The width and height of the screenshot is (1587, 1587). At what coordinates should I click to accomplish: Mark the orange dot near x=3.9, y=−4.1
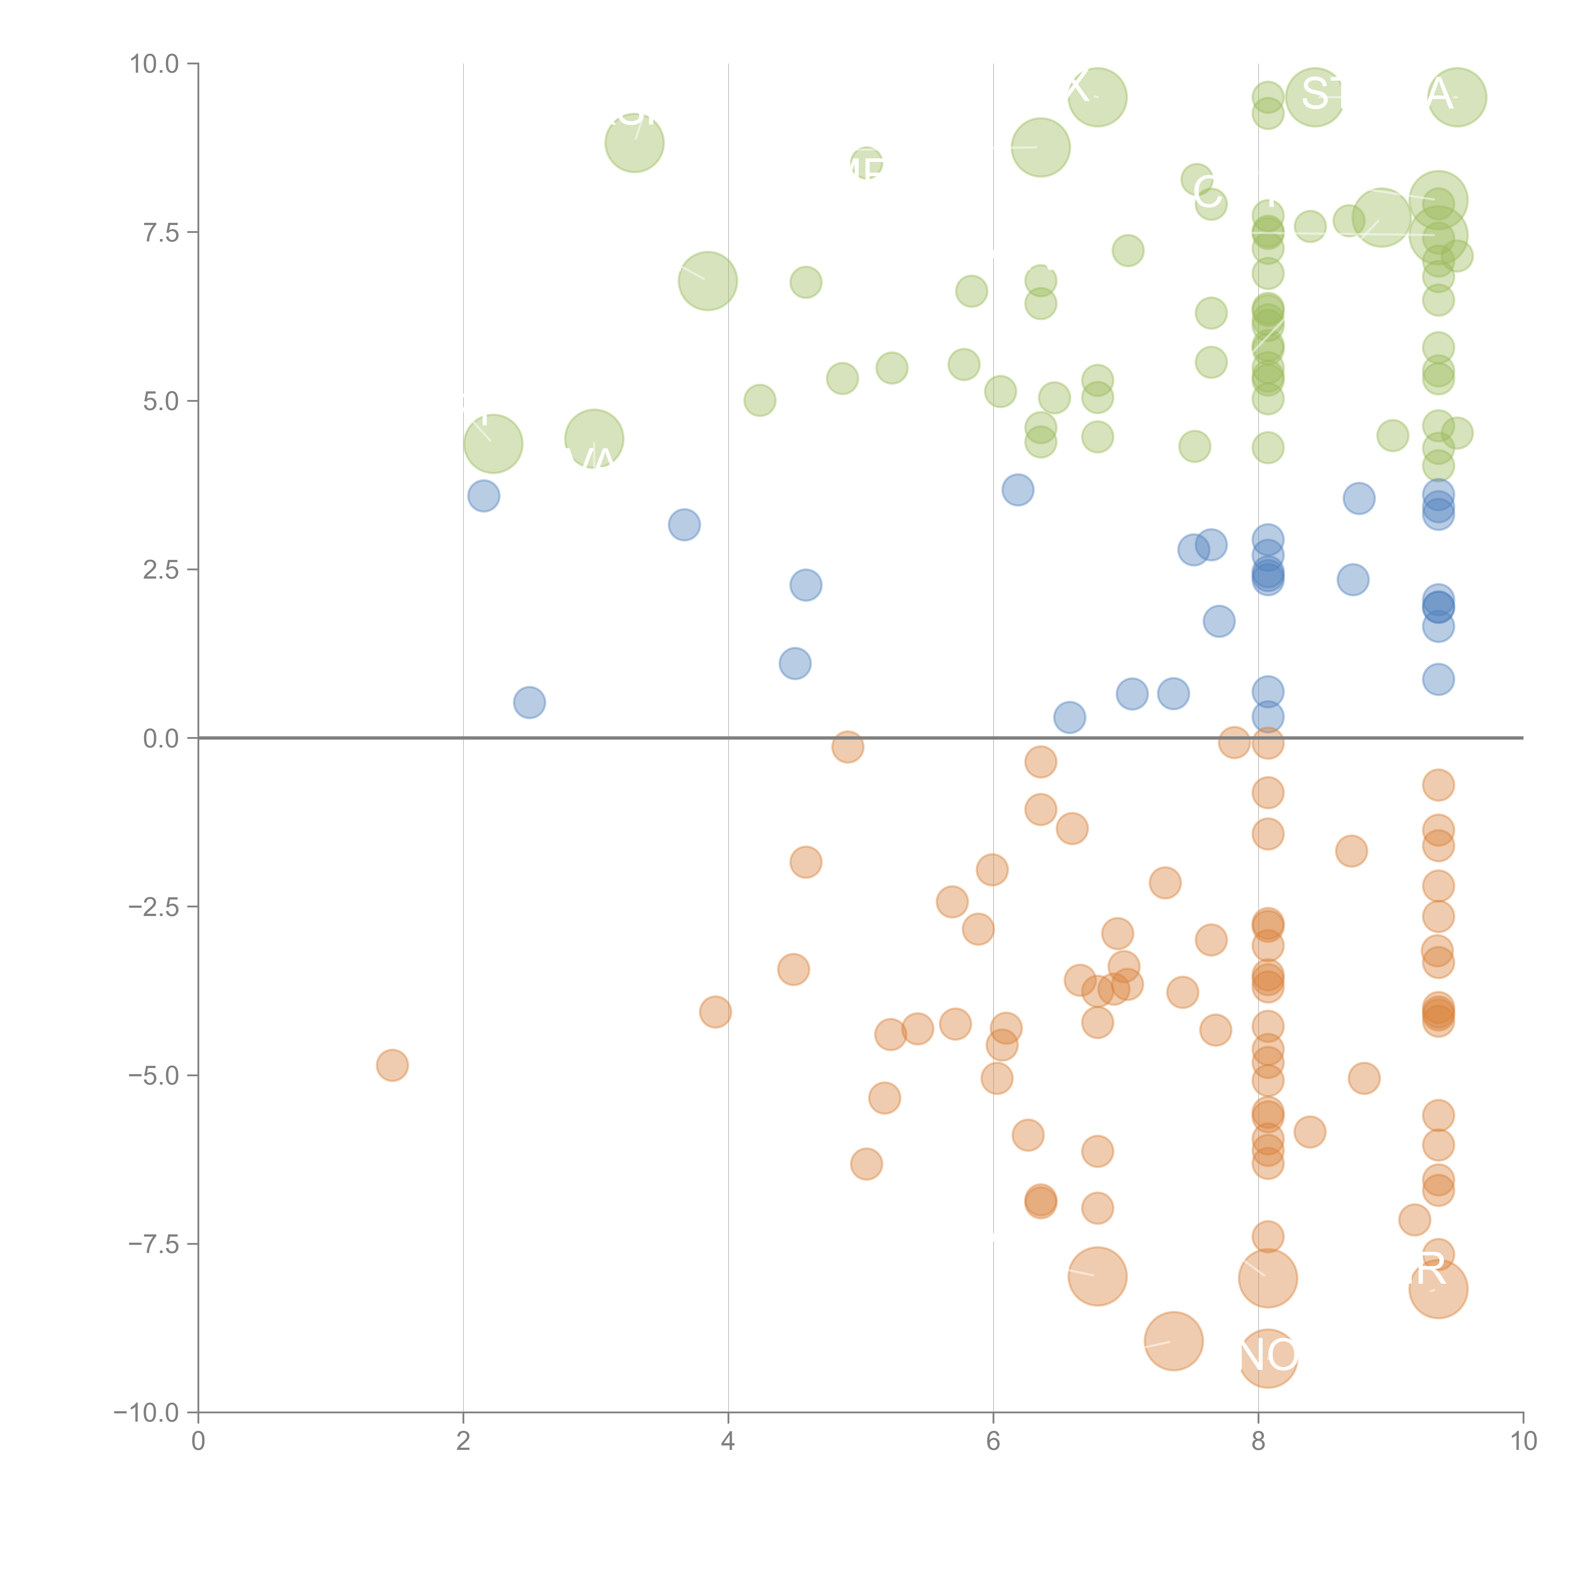715,1012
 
